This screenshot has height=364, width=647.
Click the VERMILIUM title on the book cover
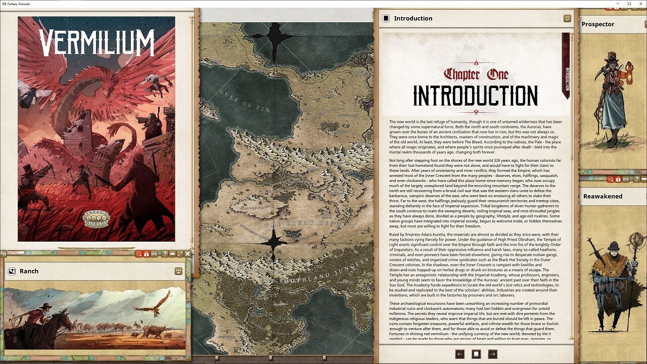(x=97, y=42)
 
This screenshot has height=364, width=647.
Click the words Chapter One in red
(x=476, y=74)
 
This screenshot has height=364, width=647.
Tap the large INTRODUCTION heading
(x=475, y=96)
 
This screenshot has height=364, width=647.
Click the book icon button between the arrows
(x=476, y=354)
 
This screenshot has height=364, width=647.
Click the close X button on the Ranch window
(x=188, y=254)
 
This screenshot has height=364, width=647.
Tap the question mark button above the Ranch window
(x=165, y=254)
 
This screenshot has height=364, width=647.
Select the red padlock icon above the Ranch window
(x=147, y=254)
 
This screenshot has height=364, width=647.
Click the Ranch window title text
(x=29, y=271)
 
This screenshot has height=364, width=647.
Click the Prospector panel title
(x=598, y=24)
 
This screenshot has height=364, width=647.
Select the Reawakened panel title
(x=603, y=196)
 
